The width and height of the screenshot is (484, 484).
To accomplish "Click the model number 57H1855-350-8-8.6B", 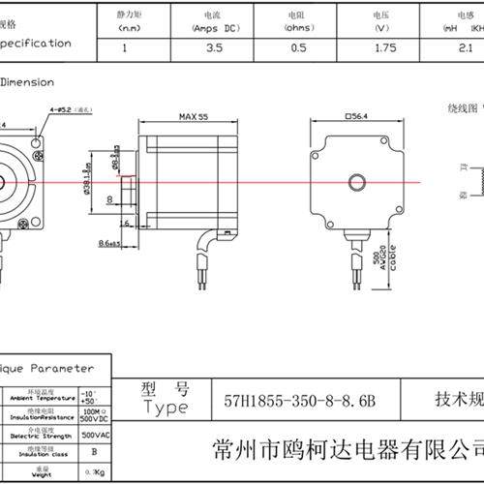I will pyautogui.click(x=298, y=399).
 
